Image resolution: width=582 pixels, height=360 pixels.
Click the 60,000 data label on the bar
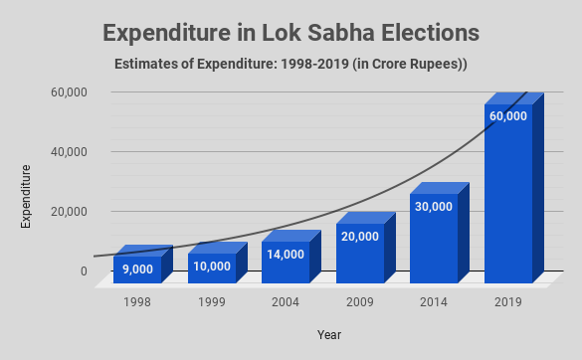pos(507,116)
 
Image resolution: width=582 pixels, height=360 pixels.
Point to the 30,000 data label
pos(434,207)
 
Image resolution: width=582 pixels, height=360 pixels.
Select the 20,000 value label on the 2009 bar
pos(360,237)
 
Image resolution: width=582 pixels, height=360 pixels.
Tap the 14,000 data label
pos(286,255)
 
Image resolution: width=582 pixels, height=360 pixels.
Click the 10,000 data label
pos(211,267)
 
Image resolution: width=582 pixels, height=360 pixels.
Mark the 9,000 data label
pos(137,269)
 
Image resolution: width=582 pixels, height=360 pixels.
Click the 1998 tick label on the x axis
pos(137,301)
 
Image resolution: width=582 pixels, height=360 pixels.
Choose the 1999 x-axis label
pos(211,301)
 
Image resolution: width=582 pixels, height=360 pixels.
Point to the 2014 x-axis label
pos(434,301)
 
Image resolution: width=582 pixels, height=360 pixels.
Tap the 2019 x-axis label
pos(507,301)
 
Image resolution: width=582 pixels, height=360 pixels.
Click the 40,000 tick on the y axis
pos(69,152)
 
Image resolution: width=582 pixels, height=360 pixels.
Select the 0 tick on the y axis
pos(83,271)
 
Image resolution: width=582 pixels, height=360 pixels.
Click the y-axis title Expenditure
pos(26,198)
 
